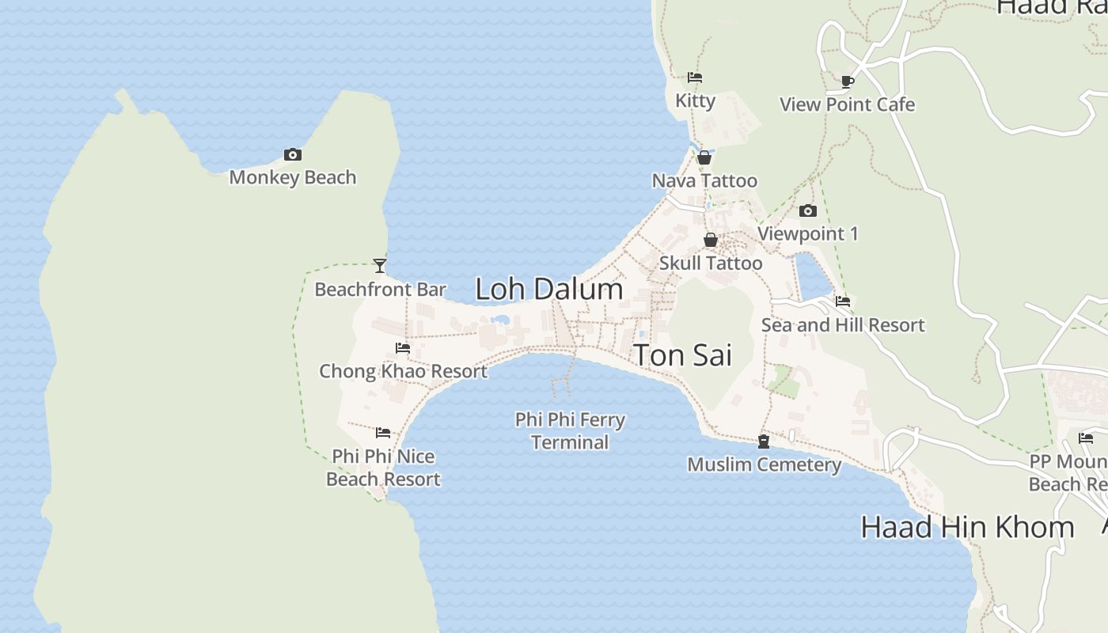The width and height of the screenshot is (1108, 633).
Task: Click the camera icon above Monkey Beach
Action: [x=293, y=154]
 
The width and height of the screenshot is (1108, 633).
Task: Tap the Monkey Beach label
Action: [x=293, y=177]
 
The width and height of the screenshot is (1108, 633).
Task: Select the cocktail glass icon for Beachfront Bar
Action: [x=380, y=266]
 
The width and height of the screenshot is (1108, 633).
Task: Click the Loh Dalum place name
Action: [x=549, y=289]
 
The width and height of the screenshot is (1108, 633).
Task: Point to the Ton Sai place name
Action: [x=683, y=355]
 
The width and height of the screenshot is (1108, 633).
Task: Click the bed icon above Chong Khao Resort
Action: [x=403, y=347]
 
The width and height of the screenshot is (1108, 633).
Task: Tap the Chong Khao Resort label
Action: [x=403, y=370]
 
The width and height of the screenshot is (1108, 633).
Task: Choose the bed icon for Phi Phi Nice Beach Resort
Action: [x=383, y=432]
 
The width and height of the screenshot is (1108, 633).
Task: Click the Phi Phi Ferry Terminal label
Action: [x=570, y=430]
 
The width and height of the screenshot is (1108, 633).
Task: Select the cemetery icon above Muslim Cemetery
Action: [x=764, y=442]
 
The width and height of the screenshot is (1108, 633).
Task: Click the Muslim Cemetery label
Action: [x=764, y=464]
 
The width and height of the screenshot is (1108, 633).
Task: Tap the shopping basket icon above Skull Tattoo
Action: [x=711, y=240]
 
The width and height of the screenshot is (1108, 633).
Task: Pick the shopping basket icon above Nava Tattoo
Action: [x=704, y=157]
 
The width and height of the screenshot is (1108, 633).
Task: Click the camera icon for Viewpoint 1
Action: [x=808, y=210]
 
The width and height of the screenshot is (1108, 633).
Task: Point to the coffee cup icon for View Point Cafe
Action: [x=847, y=81]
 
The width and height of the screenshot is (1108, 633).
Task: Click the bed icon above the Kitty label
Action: [x=695, y=78]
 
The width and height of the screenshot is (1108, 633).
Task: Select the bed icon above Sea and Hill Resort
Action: [x=843, y=301]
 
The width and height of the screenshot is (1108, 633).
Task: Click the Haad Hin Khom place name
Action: [x=967, y=527]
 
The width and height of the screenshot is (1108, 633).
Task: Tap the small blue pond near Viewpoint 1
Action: [x=812, y=276]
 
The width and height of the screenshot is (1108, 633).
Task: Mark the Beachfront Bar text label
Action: [x=380, y=290]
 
